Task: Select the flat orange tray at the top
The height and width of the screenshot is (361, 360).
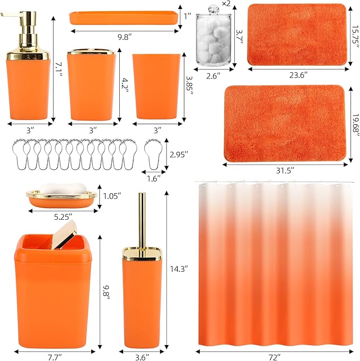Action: click(x=123, y=19)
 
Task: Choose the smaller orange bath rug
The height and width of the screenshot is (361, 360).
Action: click(x=296, y=35)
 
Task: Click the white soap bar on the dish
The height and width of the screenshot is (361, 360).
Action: click(x=62, y=188)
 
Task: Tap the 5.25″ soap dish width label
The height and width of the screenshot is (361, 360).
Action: click(x=62, y=216)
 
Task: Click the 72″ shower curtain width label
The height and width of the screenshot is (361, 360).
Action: click(x=273, y=353)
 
